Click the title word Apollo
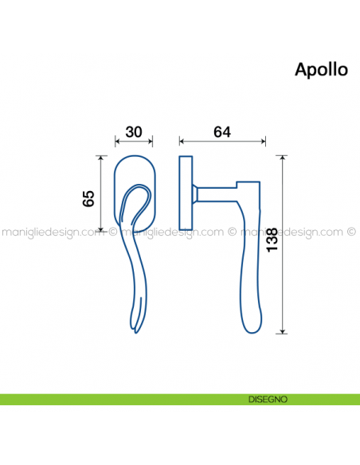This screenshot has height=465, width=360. tap(321, 69)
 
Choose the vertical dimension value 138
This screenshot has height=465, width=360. tap(272, 241)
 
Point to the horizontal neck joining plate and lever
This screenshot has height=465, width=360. tap(215, 192)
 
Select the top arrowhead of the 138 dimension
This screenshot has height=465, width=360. tap(284, 158)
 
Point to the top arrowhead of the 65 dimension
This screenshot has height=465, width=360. tap(101, 158)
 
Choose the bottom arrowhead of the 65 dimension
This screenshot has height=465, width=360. tap(101, 230)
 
